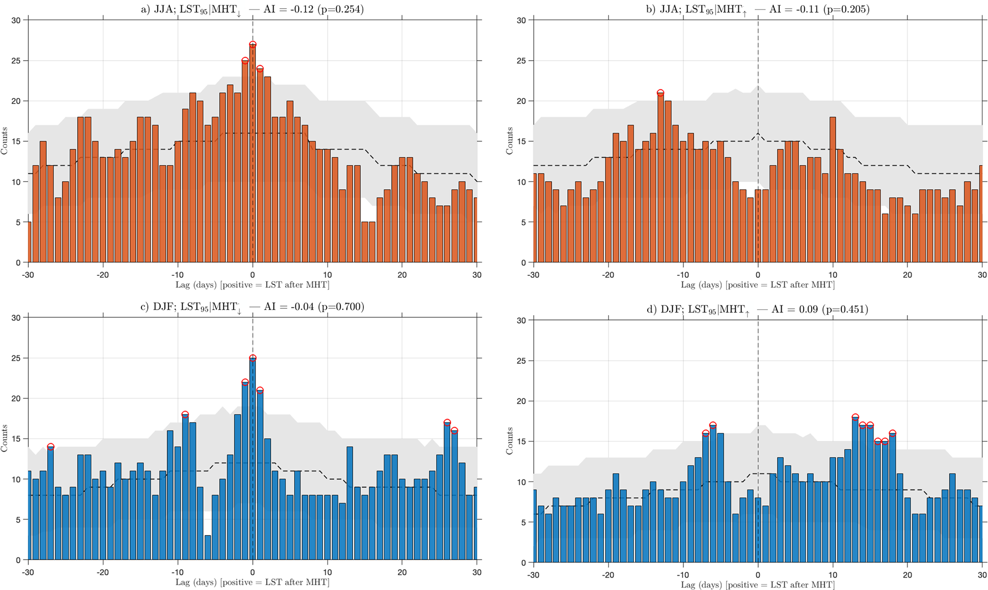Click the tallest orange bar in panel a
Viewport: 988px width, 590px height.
253,153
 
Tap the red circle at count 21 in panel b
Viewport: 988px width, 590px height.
660,93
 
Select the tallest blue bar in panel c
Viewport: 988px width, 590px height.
253,459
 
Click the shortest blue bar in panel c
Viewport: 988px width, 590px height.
208,547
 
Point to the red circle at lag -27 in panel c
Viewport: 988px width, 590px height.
51,447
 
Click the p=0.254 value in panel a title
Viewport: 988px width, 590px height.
339,9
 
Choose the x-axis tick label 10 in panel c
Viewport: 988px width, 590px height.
327,572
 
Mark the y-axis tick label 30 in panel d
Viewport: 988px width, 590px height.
521,320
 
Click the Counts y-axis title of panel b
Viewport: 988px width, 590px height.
510,141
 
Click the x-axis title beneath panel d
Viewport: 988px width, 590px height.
758,585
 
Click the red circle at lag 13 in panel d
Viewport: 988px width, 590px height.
855,417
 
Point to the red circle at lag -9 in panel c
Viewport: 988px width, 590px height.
185,415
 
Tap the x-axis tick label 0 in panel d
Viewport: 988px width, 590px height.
758,575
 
